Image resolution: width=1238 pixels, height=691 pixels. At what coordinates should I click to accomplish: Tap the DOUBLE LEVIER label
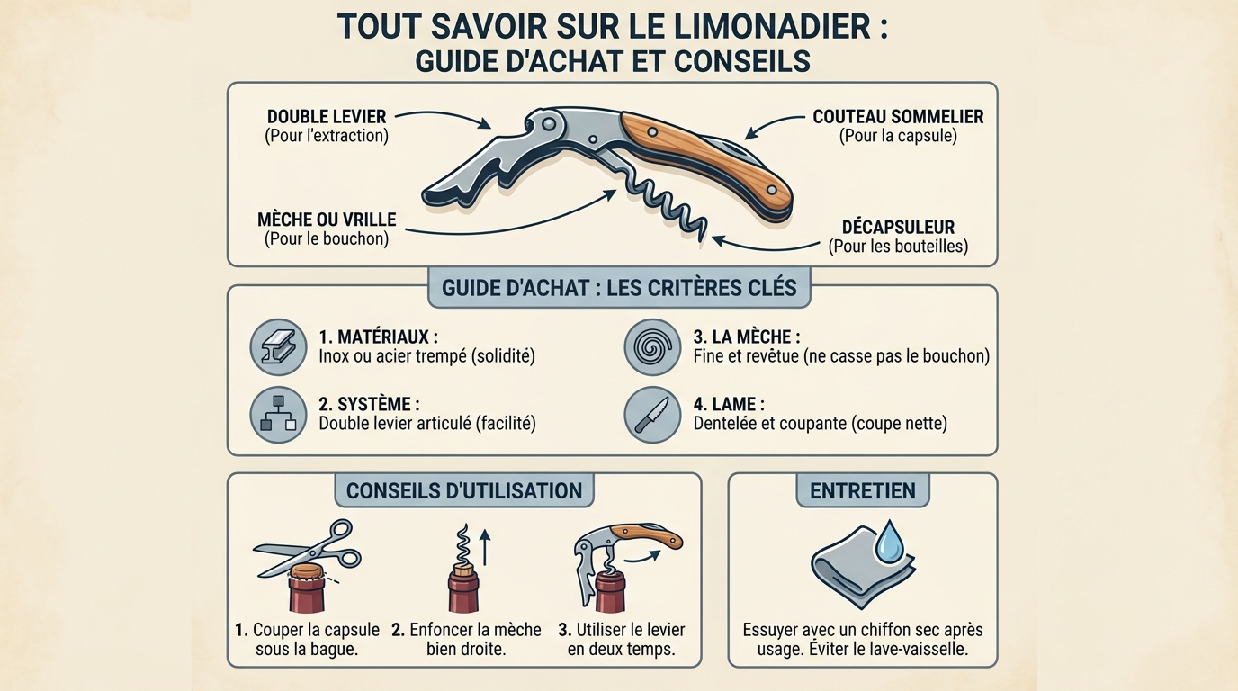(x=327, y=117)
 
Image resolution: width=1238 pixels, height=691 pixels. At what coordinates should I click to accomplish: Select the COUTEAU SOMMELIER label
(x=898, y=117)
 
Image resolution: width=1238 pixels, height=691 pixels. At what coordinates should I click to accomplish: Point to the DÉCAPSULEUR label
(x=898, y=227)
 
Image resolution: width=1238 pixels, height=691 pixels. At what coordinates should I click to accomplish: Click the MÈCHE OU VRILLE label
(x=327, y=220)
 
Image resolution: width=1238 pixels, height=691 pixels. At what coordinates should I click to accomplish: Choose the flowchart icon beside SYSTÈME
(x=278, y=414)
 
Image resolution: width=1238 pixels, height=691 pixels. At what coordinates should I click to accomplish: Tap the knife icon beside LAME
(x=652, y=414)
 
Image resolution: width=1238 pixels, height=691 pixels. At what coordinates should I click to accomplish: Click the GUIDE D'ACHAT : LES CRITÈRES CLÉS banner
(x=619, y=288)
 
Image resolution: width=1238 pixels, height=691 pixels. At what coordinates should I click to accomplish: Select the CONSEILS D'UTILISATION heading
(x=463, y=491)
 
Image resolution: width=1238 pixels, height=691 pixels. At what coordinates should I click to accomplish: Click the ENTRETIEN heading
(x=862, y=491)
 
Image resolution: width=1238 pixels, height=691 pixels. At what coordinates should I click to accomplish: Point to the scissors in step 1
(x=308, y=548)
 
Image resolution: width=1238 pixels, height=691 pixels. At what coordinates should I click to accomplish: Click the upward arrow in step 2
(x=485, y=546)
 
